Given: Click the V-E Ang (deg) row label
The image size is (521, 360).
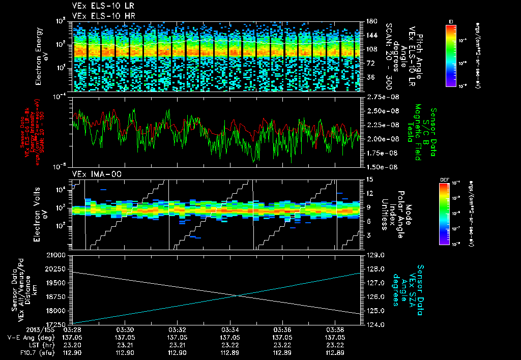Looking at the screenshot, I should click(27, 337).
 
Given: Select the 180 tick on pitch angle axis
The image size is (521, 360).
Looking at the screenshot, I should click(370, 21).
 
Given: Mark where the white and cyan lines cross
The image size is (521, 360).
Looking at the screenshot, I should click(239, 295).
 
